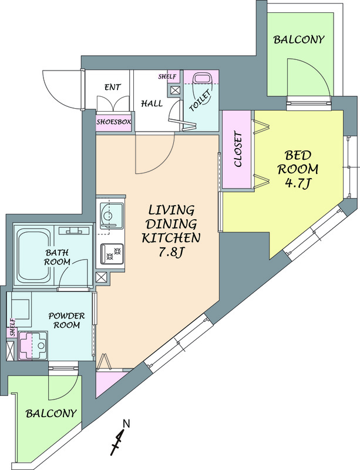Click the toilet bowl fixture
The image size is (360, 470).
point(203,79)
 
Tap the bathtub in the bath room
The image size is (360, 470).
point(33,255)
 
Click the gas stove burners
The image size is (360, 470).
point(112,254)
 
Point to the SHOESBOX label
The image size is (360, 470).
point(113,122)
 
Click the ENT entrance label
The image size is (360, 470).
point(113,87)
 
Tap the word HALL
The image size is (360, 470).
point(152,104)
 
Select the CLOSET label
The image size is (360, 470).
point(238,149)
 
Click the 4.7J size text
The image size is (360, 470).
point(297,183)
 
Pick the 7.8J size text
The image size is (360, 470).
point(170,253)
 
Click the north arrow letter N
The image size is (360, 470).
point(126,424)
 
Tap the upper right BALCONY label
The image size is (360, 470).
point(299,39)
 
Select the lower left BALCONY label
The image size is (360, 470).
point(51,414)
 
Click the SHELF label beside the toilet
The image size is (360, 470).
point(167,77)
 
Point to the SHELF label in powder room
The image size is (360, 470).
point(12,328)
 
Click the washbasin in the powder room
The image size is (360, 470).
point(33,345)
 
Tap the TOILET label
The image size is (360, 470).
point(200,101)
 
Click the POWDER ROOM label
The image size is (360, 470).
point(66,320)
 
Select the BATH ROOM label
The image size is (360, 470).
point(57,257)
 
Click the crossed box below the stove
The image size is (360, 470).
point(102,277)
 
